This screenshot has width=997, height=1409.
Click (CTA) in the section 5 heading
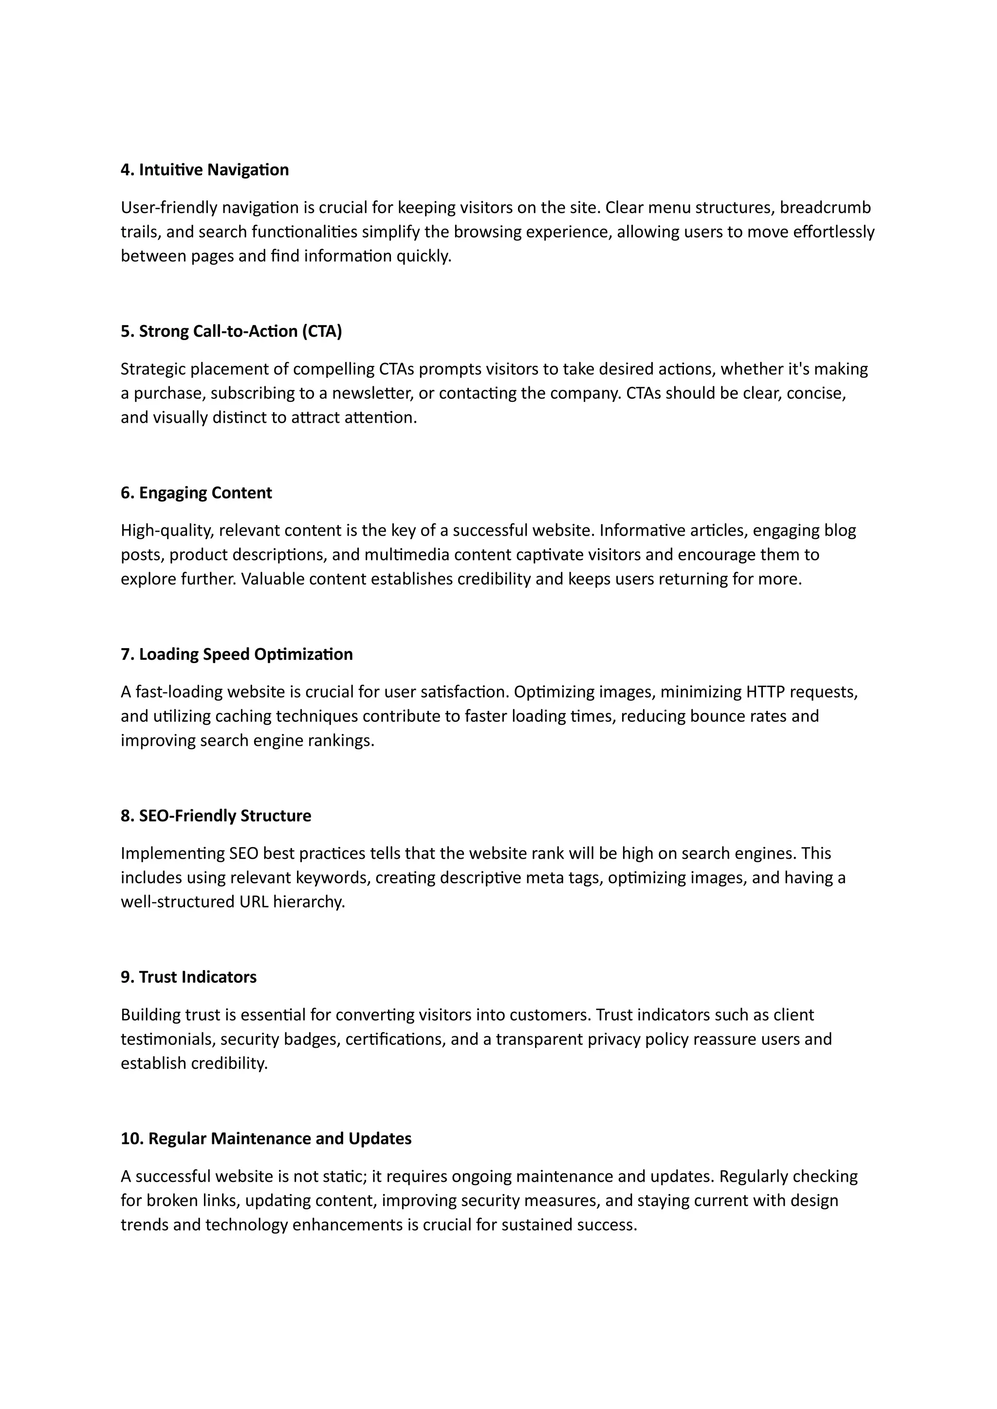pos(322,331)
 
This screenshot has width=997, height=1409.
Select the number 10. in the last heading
pos(132,1138)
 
